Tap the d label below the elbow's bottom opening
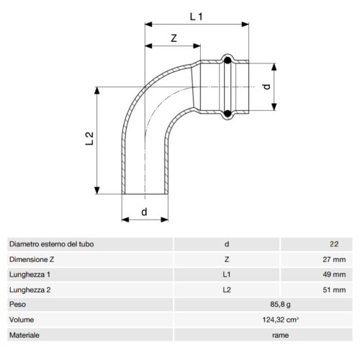(x=144, y=212)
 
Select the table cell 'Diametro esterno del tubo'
(x=51, y=245)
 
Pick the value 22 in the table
(x=333, y=245)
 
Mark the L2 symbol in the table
(x=228, y=289)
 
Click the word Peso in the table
(x=19, y=305)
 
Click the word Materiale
(x=25, y=335)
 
